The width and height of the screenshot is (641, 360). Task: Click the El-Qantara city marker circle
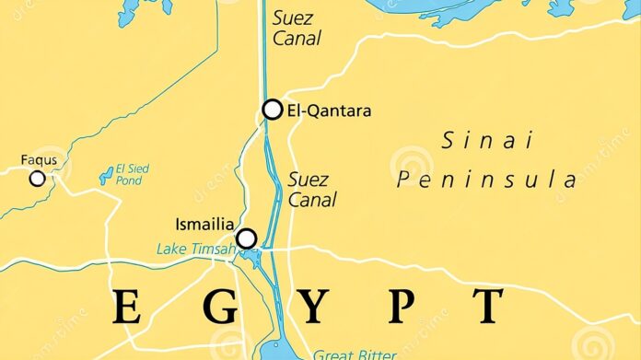pyautogui.click(x=272, y=110)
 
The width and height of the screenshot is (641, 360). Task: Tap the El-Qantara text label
pyautogui.click(x=330, y=110)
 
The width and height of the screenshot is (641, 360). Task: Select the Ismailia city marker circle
pyautogui.click(x=246, y=238)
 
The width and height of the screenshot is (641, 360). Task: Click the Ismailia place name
pyautogui.click(x=204, y=224)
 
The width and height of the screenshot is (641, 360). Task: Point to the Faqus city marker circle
pyautogui.click(x=37, y=179)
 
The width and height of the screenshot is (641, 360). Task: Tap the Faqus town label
pyautogui.click(x=39, y=160)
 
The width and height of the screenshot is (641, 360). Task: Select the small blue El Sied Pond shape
pyautogui.click(x=105, y=178)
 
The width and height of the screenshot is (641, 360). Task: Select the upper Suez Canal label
pyautogui.click(x=296, y=27)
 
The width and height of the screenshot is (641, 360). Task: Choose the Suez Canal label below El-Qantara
pyautogui.click(x=311, y=189)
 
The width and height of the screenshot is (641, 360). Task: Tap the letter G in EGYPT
pyautogui.click(x=219, y=307)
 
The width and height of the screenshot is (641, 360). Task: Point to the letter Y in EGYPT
pyautogui.click(x=311, y=307)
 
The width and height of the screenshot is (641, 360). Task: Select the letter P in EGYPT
pyautogui.click(x=400, y=307)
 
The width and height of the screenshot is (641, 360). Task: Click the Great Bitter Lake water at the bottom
pyautogui.click(x=276, y=351)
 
